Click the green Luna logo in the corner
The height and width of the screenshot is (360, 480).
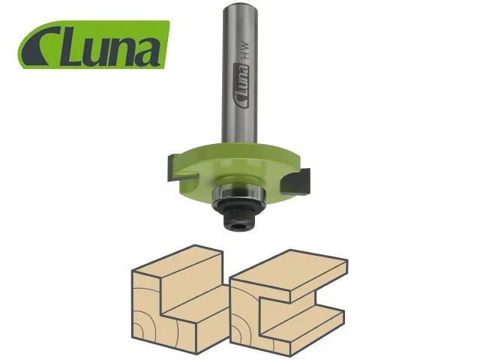(x=93, y=44)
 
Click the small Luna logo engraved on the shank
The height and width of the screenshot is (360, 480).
(x=241, y=85)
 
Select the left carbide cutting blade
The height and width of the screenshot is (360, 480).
(x=181, y=168)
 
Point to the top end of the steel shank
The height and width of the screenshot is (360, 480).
(x=239, y=7)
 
